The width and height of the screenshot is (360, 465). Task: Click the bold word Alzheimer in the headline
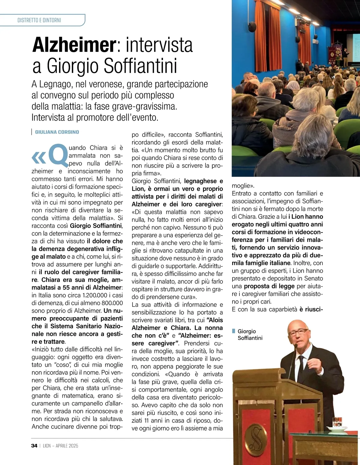74,45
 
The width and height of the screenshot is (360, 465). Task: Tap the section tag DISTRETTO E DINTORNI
39,20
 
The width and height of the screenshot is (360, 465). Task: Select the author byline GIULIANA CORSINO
57,132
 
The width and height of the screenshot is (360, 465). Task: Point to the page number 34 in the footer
34,446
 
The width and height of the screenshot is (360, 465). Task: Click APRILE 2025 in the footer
67,446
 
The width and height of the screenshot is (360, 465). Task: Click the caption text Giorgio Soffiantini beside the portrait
250,335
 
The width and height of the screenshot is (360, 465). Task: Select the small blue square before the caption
234,331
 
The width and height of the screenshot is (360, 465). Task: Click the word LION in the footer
47,446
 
